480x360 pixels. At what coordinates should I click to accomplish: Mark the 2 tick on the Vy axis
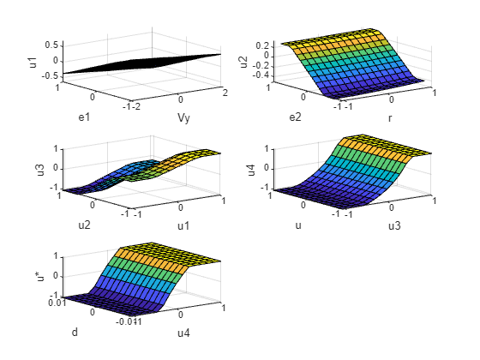[x=224, y=92]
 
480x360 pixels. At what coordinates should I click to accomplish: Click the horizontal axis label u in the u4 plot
[x=298, y=225]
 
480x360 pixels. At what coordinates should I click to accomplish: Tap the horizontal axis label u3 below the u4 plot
[x=393, y=225]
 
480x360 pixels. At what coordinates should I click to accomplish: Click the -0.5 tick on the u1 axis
[x=50, y=75]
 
